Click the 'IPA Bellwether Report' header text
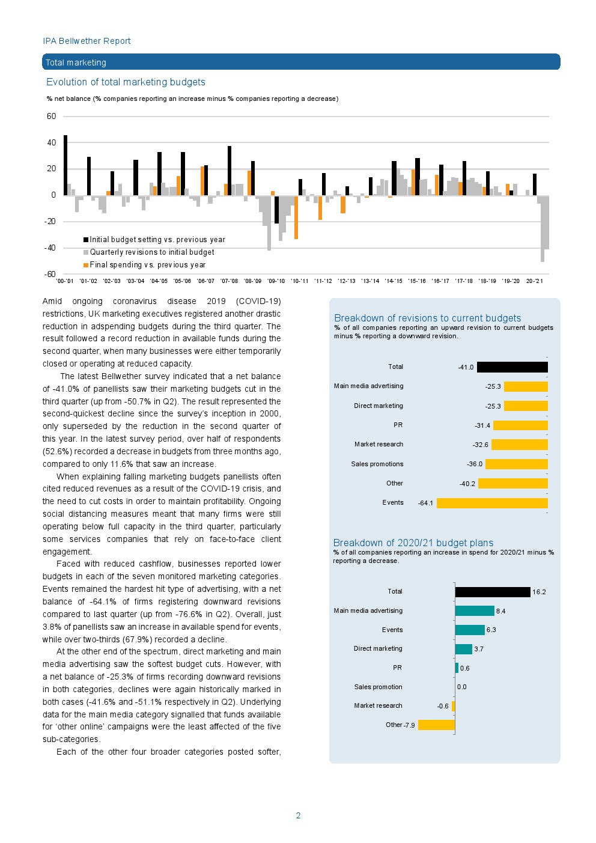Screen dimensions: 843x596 87,41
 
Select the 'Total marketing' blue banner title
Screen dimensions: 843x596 76,62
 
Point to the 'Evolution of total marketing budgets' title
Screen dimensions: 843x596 126,82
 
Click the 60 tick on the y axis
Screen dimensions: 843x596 52,117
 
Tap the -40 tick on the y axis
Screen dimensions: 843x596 50,248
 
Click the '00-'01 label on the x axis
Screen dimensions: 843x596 64,281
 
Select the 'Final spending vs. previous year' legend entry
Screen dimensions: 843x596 147,265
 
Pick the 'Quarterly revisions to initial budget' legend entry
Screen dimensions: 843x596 151,252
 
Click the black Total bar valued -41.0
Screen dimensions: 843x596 512,367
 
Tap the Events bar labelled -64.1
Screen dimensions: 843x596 492,503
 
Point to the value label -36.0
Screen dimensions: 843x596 475,464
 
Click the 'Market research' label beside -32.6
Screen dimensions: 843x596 379,445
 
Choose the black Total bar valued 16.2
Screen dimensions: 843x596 493,592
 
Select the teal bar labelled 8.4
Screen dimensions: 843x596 474,611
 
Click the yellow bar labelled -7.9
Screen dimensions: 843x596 436,725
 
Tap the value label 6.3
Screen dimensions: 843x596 491,630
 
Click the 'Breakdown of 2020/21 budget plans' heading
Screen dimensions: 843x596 413,543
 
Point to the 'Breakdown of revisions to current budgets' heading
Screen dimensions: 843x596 427,318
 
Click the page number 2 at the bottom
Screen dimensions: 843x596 298,815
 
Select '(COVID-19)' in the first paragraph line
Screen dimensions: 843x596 258,301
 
